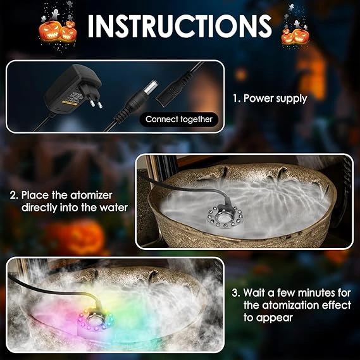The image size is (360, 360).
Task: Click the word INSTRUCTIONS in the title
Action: coord(180,26)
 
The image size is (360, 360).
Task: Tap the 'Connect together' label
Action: coord(179,120)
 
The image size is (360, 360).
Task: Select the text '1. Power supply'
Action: coord(270,99)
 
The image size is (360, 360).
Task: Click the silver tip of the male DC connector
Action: coord(152,87)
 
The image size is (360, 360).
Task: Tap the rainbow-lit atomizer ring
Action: coord(96,320)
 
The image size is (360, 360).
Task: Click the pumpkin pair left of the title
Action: coord(58,31)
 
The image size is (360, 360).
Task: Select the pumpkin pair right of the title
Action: coord(295,36)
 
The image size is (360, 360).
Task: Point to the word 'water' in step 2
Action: coord(113,208)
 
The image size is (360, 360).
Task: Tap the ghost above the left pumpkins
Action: coord(55,15)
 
